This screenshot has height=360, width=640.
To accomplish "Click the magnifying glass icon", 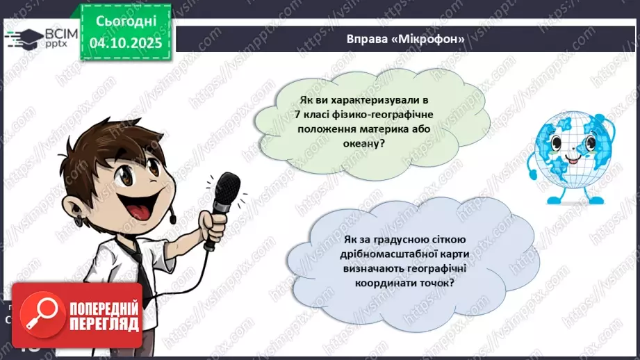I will [44, 312].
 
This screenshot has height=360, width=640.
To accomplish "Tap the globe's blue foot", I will [554, 199].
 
